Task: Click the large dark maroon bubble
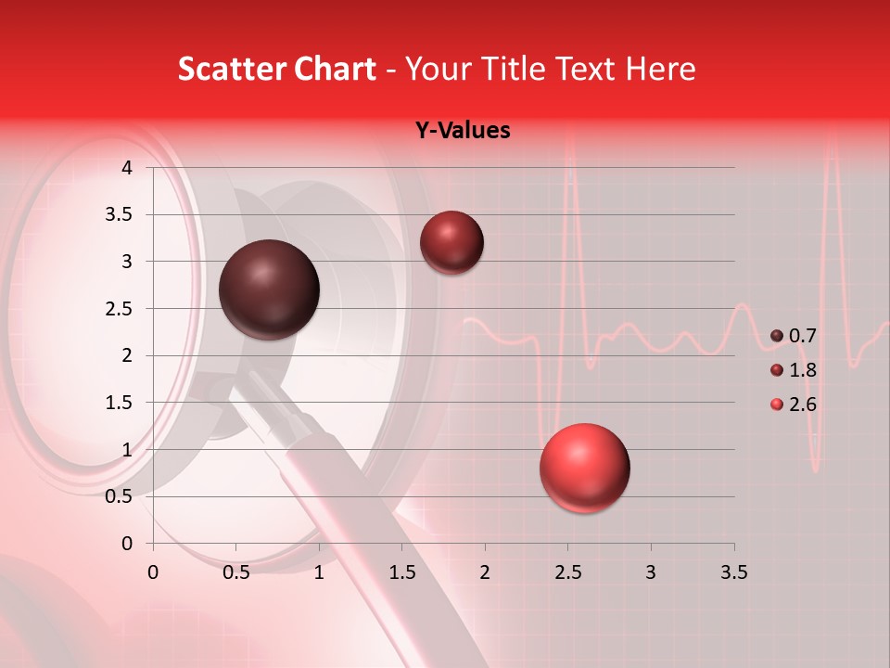coord(269,289)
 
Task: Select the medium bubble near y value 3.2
coord(451,242)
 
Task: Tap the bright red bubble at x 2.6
coord(584,468)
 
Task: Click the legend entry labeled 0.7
coord(793,336)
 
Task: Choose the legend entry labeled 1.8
coord(793,370)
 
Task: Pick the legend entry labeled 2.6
coord(793,405)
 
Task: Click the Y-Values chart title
coord(462,131)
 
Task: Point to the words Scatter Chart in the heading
coord(276,69)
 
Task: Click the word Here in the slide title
coord(659,69)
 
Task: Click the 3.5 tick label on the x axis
coord(733,572)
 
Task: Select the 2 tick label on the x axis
coord(485,572)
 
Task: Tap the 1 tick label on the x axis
coord(319,572)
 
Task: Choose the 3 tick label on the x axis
coord(651,572)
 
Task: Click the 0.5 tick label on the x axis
coord(236,572)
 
